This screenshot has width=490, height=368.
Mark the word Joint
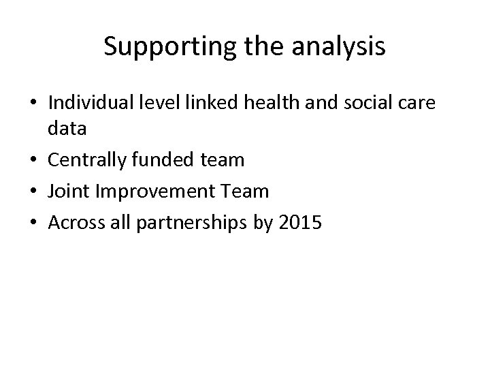[x=70, y=191]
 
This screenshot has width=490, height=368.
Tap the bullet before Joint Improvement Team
[x=34, y=192]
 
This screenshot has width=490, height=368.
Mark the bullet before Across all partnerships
[x=34, y=222]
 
